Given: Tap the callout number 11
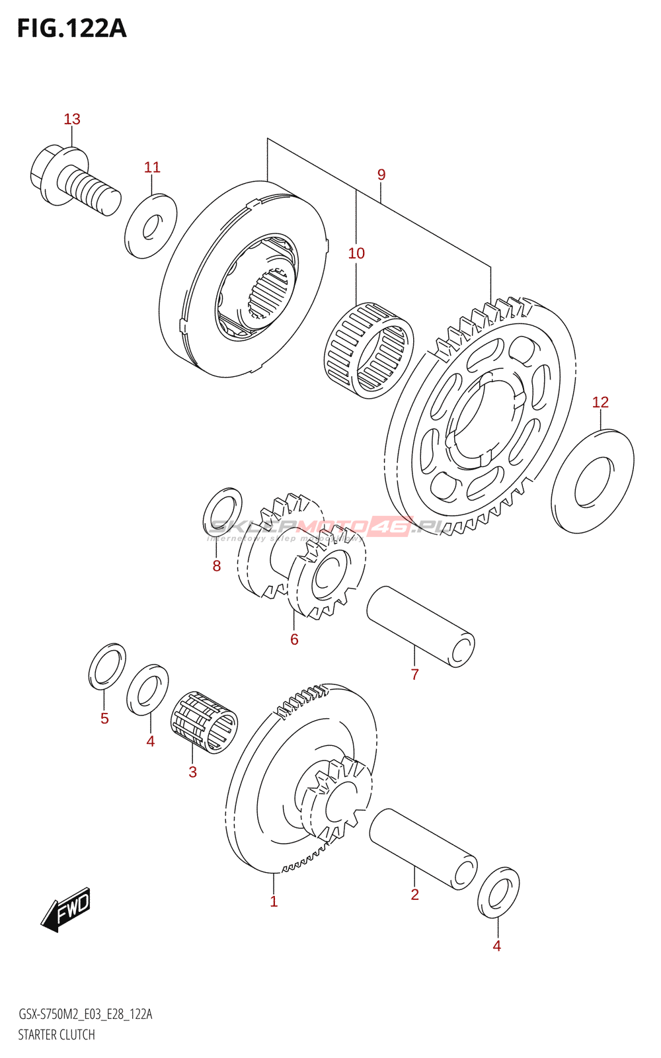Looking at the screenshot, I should click(x=152, y=167).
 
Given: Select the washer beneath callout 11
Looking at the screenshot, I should click(x=151, y=226).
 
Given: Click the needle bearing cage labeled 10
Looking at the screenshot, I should click(x=368, y=350).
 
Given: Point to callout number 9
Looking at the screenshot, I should click(x=381, y=175).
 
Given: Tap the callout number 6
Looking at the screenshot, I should click(x=294, y=639).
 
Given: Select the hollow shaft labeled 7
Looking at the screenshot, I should click(x=420, y=626).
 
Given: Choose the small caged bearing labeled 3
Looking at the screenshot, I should click(x=204, y=721).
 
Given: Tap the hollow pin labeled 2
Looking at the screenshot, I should click(x=423, y=849).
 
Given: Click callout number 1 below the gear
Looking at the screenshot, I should click(x=274, y=901).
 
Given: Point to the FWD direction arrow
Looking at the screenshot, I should click(x=66, y=909).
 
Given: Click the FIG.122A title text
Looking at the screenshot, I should click(x=71, y=28).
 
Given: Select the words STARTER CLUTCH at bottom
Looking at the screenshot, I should click(x=56, y=1035).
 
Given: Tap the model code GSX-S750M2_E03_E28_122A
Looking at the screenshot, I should click(x=85, y=1014).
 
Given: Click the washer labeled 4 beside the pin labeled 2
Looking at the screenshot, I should click(x=498, y=893).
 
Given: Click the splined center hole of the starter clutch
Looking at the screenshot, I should click(x=269, y=294).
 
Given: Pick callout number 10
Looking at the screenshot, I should click(x=356, y=253).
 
